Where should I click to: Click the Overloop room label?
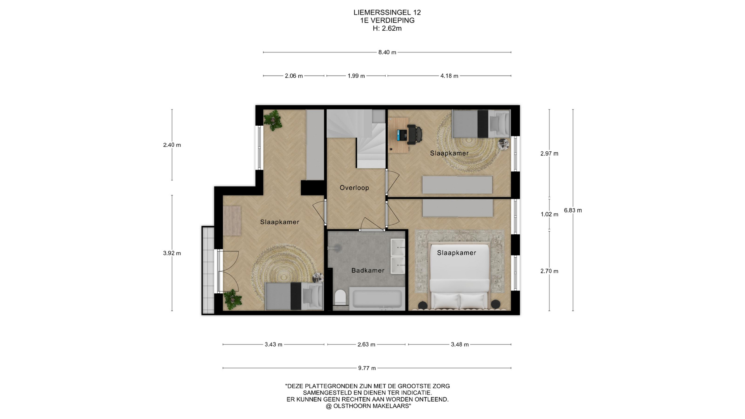(354, 188)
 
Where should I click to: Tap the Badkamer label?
(368, 270)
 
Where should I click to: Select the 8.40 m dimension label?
(387, 52)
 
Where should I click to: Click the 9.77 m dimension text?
(367, 368)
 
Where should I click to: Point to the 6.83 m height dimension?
(573, 210)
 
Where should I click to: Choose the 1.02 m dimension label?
(549, 214)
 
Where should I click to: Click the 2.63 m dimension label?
(366, 345)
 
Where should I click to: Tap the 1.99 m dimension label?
(356, 76)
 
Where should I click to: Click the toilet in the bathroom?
(340, 298)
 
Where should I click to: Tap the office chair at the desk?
(415, 134)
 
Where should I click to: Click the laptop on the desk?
(402, 135)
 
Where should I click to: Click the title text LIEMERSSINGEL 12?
(387, 12)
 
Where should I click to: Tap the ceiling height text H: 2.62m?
(387, 28)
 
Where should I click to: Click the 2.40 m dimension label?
(172, 145)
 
